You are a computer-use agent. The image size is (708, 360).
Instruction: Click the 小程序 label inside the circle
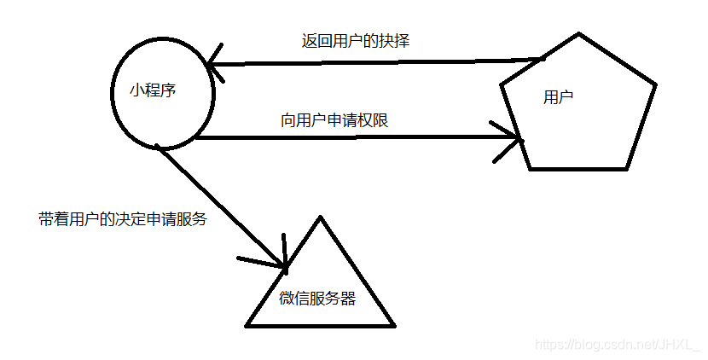click(x=153, y=90)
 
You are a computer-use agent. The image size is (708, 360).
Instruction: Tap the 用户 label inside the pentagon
click(x=558, y=97)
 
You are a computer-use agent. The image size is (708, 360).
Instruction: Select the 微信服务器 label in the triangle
click(x=317, y=299)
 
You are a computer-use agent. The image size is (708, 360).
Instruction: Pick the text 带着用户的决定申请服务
click(x=123, y=218)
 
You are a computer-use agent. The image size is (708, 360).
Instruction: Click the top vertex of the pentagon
click(x=579, y=34)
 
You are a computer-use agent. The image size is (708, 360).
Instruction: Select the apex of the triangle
click(x=321, y=218)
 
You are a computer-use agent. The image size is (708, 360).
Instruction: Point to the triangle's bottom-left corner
click(x=247, y=325)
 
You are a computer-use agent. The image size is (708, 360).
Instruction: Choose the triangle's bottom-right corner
click(x=395, y=325)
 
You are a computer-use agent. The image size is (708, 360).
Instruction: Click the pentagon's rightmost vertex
click(x=656, y=84)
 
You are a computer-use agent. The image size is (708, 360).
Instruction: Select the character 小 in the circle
click(x=136, y=90)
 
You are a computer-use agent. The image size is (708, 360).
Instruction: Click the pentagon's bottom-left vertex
click(x=530, y=168)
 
